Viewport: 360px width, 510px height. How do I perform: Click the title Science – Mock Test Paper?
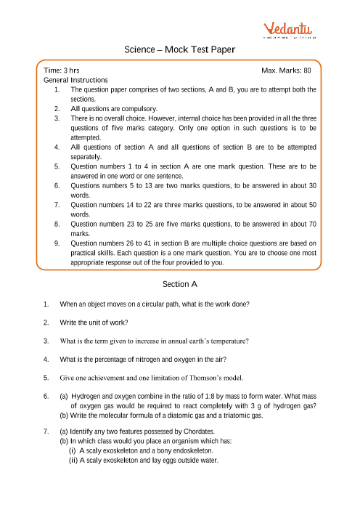pyautogui.click(x=179, y=49)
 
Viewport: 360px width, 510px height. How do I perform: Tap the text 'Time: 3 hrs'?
pyautogui.click(x=62, y=70)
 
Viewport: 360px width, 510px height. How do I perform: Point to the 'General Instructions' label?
pyautogui.click(x=76, y=80)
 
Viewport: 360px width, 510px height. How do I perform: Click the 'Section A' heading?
pyautogui.click(x=179, y=283)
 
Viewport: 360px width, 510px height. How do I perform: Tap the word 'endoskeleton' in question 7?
pyautogui.click(x=183, y=451)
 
